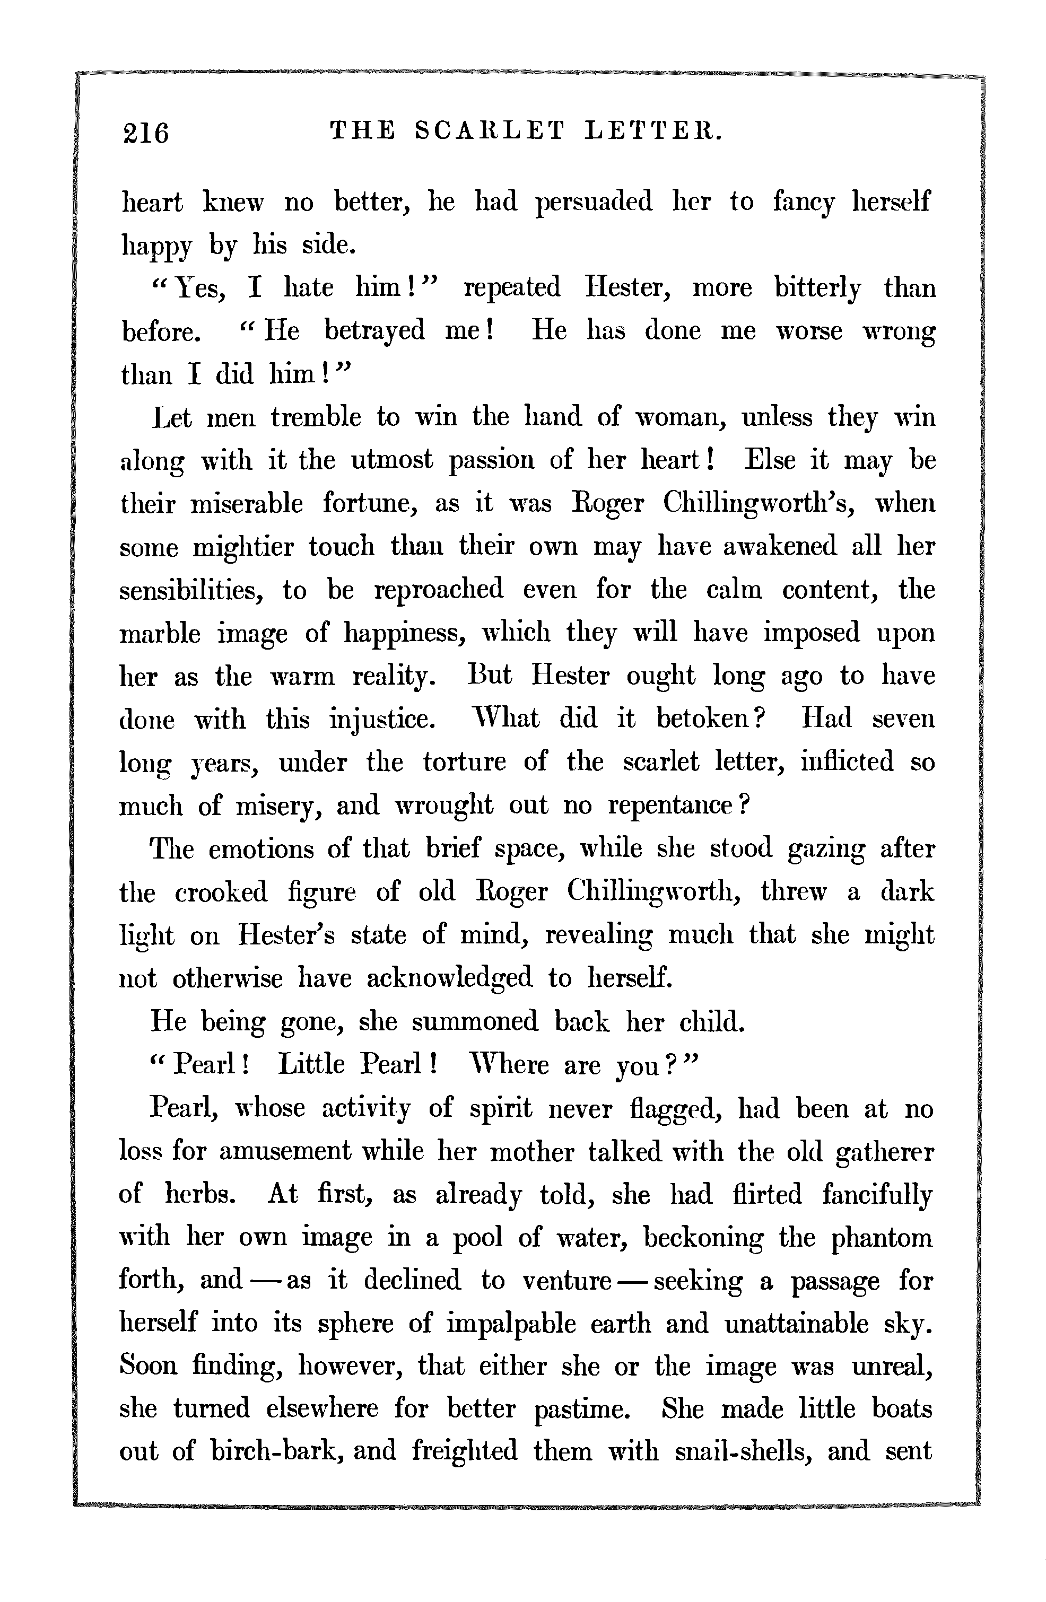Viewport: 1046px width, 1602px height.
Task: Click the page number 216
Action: click(145, 132)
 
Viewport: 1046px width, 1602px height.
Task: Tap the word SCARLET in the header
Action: click(489, 129)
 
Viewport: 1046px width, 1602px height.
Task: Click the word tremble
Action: click(316, 417)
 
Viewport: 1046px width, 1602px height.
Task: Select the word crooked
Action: click(221, 892)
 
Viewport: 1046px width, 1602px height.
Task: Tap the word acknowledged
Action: click(448, 978)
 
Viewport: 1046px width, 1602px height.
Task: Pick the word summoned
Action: click(475, 1022)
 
